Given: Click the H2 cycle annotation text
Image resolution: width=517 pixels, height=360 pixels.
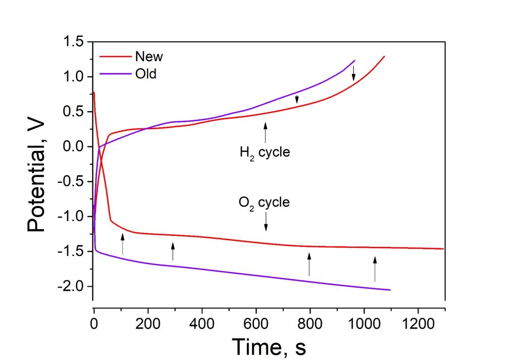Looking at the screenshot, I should (265, 151).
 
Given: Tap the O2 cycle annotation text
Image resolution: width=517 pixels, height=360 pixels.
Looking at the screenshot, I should (264, 203).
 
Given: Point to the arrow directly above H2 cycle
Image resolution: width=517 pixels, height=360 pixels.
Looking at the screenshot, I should (265, 132).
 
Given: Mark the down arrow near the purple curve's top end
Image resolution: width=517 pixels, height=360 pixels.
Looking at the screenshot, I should (353, 73).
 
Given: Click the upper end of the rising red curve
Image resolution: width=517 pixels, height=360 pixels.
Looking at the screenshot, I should (384, 56).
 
